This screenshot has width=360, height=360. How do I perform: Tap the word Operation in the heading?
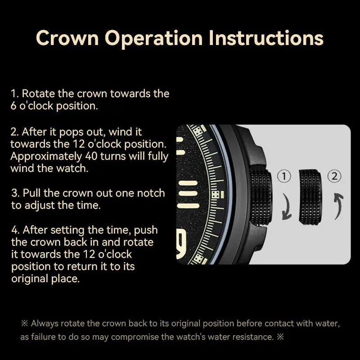coord(153,38)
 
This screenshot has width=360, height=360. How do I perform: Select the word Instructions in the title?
coord(266,38)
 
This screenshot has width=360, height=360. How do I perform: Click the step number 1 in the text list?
coord(14,94)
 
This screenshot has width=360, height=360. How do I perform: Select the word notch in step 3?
coord(150,193)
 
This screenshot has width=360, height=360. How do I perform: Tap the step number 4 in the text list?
coord(15,230)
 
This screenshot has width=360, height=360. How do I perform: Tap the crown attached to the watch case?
coord(261,197)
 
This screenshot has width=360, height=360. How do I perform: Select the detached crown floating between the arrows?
coord(310,197)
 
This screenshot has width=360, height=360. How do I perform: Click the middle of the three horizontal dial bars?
coord(188,194)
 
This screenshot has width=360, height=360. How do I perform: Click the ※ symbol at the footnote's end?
coord(280,337)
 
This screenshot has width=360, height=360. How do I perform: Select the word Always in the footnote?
coord(44,323)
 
